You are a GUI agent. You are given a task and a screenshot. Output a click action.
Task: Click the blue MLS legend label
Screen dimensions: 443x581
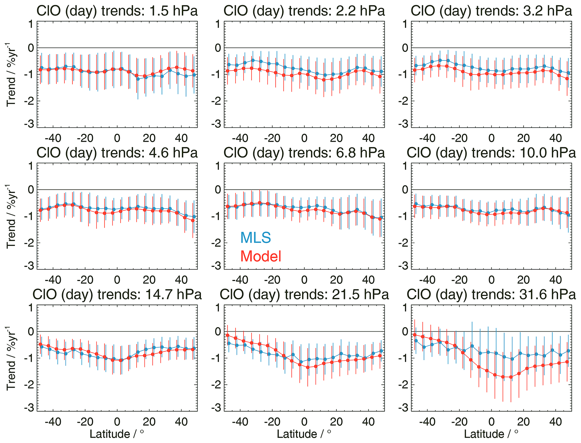[x=256, y=238]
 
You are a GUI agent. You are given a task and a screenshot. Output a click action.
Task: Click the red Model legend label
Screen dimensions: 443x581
[x=261, y=256]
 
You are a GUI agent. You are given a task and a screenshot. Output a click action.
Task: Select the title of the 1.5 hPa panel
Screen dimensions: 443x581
[x=117, y=11]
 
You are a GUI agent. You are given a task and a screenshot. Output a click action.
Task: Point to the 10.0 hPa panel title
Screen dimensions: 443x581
[x=491, y=153]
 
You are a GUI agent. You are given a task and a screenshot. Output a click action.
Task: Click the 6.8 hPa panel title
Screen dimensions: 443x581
[x=304, y=153]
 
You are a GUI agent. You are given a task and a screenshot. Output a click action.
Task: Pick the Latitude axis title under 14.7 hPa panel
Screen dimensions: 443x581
[x=117, y=434]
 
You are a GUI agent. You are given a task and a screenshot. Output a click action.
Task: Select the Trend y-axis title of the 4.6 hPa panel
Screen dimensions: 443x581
[x=11, y=217]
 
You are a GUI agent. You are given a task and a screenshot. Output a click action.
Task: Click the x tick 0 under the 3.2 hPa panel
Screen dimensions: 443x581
[x=491, y=138]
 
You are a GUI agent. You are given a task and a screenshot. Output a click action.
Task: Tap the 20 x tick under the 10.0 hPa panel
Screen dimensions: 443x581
[x=523, y=280]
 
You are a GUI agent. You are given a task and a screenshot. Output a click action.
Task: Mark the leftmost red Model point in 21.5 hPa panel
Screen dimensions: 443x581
[x=227, y=335]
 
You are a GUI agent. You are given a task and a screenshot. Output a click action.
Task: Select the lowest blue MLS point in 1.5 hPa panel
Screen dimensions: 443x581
[x=138, y=79]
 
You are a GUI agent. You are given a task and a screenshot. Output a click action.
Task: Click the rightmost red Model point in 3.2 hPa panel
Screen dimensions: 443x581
[x=567, y=79]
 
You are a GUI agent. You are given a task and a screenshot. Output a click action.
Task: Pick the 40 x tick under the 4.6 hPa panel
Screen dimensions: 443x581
[x=181, y=280]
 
